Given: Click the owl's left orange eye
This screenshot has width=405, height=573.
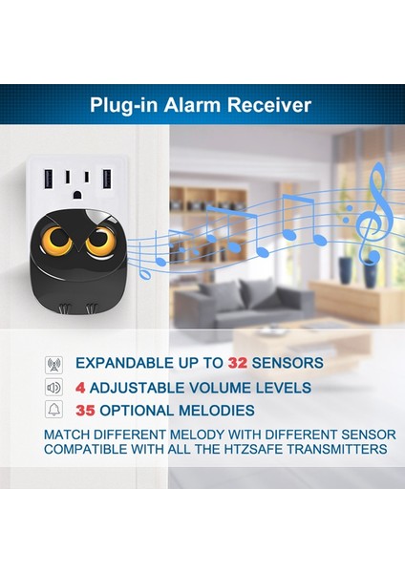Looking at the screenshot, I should (x=55, y=241).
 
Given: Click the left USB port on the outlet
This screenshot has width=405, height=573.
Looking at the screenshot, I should (x=52, y=181).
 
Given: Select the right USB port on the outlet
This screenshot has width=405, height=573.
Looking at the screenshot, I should (x=106, y=181).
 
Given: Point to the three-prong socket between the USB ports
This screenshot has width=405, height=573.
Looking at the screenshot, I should (x=79, y=182).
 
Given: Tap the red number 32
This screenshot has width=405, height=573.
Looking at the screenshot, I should (x=238, y=363).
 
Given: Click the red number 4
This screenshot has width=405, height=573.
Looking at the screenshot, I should (x=81, y=388).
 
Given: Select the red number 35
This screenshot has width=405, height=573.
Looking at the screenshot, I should (x=86, y=411).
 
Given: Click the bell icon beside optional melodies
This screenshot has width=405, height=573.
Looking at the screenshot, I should (x=53, y=411).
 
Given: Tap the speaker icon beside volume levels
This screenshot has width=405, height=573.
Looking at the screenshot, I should (x=53, y=388).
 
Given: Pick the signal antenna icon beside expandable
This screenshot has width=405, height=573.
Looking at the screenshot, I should (x=53, y=364).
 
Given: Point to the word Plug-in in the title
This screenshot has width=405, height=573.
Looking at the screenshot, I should (x=123, y=105).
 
